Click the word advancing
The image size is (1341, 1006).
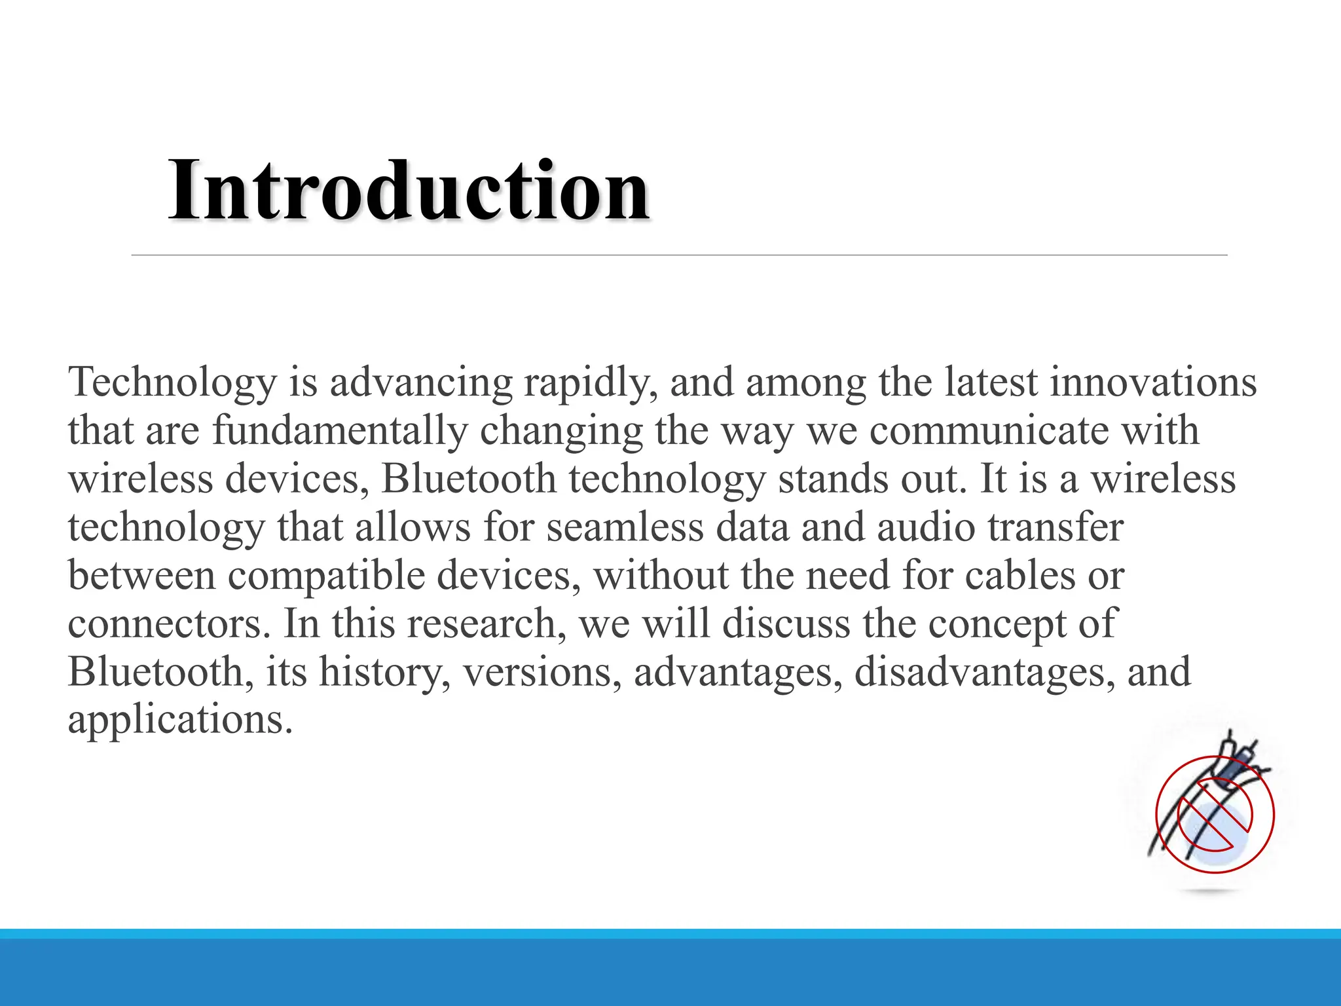tap(421, 382)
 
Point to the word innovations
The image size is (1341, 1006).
tap(1153, 382)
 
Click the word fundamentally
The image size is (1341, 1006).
tap(340, 431)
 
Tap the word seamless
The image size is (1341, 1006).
tap(625, 527)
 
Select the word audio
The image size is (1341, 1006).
tap(926, 527)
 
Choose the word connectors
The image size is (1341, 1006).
tap(169, 624)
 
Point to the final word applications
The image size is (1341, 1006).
tap(180, 721)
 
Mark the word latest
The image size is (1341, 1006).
tap(991, 382)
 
